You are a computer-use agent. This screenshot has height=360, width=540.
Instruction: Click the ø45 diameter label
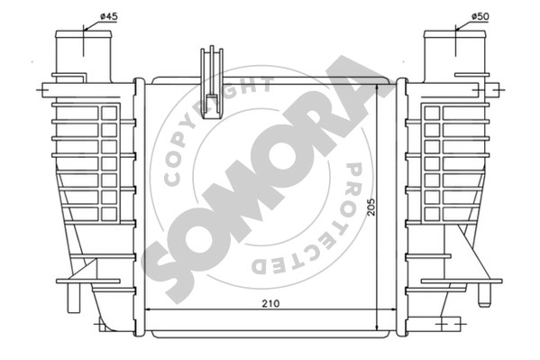109,16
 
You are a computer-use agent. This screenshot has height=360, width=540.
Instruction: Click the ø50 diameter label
481,16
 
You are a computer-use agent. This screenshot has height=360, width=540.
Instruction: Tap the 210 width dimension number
270,303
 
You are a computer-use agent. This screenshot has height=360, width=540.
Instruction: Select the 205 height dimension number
371,207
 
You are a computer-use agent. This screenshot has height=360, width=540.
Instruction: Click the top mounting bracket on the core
212,82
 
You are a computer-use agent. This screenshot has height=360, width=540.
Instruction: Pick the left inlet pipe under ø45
84,55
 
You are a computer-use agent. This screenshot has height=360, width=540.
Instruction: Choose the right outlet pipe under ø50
454,55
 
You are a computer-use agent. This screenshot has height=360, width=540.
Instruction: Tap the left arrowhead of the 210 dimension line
149,309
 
